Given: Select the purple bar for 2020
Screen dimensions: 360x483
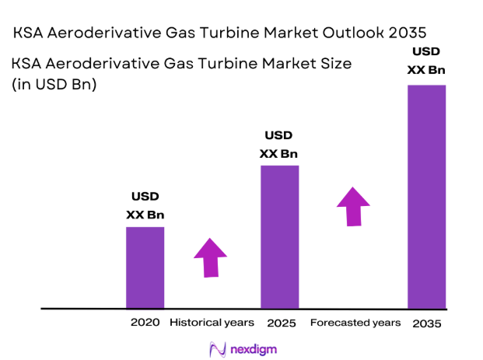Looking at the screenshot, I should pos(145,267).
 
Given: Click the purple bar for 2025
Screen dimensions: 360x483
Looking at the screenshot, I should pos(279,236).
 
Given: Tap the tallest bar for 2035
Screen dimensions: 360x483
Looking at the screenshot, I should pos(427,196).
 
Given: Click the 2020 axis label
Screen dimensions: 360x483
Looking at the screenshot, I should pos(145,322).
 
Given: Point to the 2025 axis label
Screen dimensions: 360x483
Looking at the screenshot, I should pos(279,322).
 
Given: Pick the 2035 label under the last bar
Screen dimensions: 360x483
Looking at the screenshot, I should pos(427,323).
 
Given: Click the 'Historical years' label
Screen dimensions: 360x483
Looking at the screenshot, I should pos(212,322).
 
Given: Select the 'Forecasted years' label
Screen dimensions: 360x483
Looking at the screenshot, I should pos(355,322).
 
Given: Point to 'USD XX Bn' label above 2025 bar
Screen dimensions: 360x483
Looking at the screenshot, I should pos(279,145).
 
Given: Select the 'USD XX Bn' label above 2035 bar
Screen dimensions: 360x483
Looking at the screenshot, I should pos(427,61).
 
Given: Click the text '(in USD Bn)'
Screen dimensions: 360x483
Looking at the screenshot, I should pos(54,86).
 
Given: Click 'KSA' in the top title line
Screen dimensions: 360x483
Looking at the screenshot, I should pos(30,33).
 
